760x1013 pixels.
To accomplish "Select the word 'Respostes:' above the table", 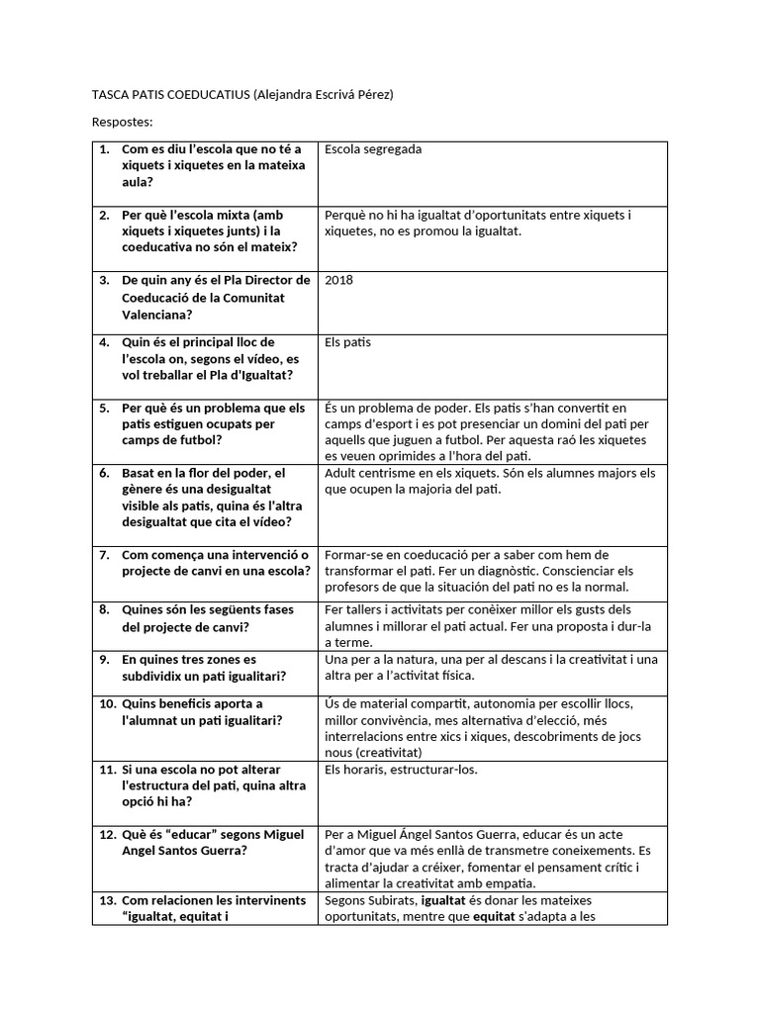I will pos(123,122).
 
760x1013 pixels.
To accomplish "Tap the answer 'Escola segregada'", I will pos(373,149).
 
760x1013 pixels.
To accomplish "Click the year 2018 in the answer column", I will pos(338,280).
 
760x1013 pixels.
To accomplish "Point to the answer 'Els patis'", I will pos(347,342).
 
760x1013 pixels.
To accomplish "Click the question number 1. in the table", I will pos(104,149).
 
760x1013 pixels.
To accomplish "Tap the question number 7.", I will pos(104,554).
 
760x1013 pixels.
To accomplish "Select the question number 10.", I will pos(107,703).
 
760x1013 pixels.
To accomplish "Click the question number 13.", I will pos(107,900).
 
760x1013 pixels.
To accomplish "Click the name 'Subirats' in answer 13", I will pos(393,900).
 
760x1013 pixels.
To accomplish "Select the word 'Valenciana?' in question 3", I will pos(157,314).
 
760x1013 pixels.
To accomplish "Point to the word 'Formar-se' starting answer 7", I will pos(352,554).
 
